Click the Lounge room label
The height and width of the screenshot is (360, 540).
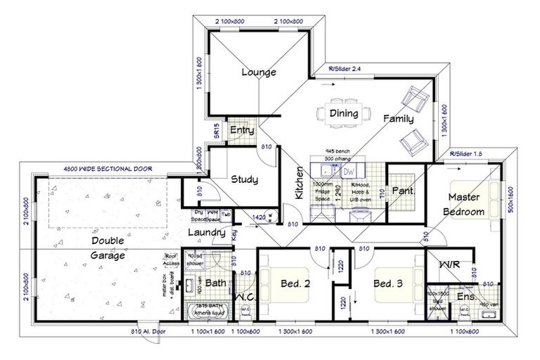click(x=258, y=72)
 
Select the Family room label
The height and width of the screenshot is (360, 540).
click(x=397, y=120)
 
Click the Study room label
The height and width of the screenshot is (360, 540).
click(x=244, y=179)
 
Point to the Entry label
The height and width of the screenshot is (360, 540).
click(x=241, y=130)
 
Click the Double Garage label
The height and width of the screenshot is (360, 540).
click(x=109, y=247)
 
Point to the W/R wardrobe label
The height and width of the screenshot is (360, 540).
click(x=450, y=266)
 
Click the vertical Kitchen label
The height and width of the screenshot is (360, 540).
click(x=300, y=185)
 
